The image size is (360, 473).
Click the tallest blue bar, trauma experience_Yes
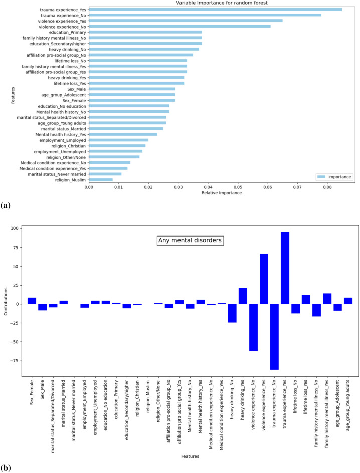point(285,268)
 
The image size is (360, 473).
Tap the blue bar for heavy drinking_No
point(232,313)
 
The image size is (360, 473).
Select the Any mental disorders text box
point(190,241)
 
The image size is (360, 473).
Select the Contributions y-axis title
point(6,300)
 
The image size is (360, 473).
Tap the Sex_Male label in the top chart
point(77,89)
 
